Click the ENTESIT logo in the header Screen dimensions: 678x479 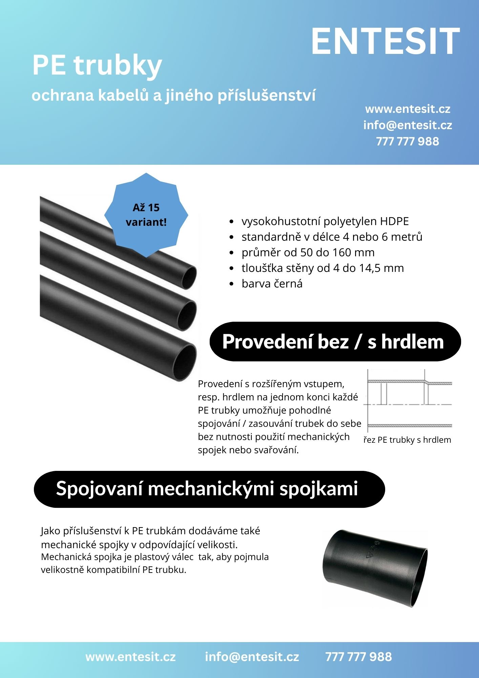pos(385,41)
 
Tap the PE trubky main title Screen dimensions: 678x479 pos(97,65)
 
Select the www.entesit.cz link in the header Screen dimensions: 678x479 pos(408,109)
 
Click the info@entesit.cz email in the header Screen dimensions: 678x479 pos(408,125)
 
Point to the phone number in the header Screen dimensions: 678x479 pos(408,141)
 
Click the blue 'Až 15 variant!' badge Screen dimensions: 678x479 pos(146,215)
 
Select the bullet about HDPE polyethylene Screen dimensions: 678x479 pos(325,221)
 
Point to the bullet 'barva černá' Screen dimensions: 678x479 pos(272,284)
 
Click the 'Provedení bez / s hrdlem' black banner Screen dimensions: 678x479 pos(335,341)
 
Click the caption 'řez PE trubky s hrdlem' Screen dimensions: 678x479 pos(407,440)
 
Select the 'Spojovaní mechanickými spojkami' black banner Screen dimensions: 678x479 pos(209,489)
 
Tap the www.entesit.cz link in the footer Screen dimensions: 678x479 pos(130,657)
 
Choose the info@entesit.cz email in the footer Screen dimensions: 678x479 pos(252,657)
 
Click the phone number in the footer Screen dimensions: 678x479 pos(358,657)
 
